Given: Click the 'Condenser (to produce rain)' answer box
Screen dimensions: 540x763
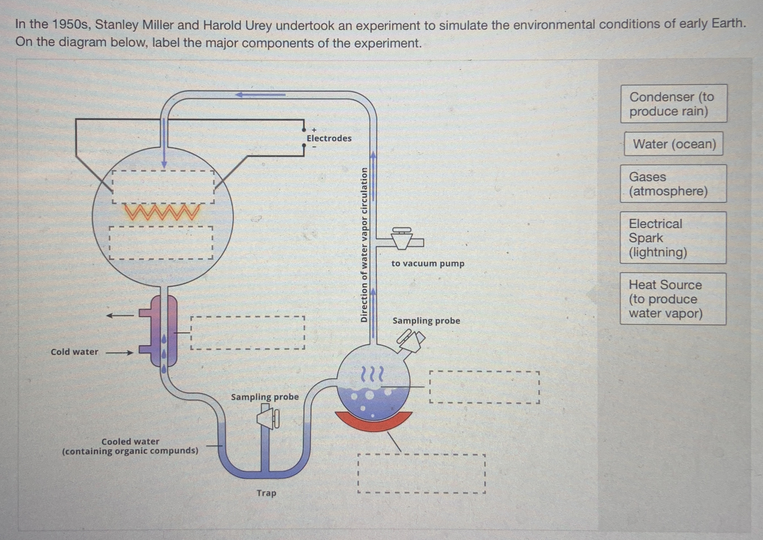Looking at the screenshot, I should pos(673,104).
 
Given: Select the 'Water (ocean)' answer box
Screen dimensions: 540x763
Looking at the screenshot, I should pos(674,144).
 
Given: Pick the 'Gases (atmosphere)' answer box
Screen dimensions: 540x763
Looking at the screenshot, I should pos(673,183).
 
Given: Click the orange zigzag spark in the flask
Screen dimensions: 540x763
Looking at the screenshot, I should pos(162,212).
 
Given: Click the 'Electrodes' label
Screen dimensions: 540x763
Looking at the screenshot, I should pos(329,138).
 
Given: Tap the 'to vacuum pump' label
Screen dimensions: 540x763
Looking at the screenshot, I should pos(428,264).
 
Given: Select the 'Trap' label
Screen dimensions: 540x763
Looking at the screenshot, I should pos(266,493).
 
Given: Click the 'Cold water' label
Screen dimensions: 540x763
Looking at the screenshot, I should pos(75,352).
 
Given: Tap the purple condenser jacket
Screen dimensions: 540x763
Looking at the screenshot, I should pos(164,331).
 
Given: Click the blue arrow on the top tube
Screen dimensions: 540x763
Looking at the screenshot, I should pos(260,95).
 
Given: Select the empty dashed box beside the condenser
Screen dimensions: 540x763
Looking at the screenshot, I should pos(248,332).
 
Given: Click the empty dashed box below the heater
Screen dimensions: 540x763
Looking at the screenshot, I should pos(421,474).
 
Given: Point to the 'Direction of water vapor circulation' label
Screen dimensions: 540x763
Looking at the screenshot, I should pos(364,244).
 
